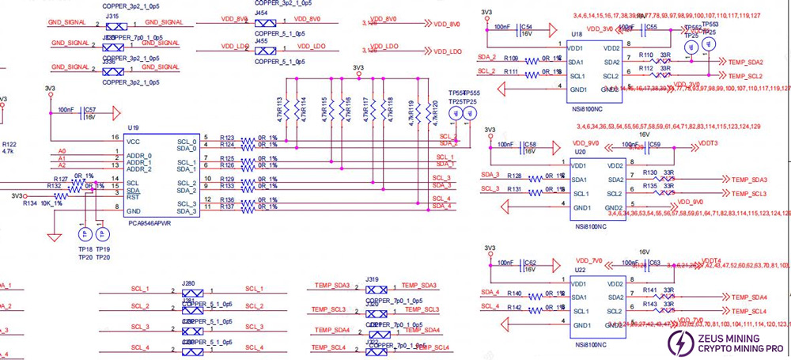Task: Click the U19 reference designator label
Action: (x=133, y=127)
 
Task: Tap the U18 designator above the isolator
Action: (x=577, y=36)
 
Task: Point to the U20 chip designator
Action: (x=579, y=151)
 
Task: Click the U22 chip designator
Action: (x=579, y=269)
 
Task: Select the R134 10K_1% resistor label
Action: (x=40, y=204)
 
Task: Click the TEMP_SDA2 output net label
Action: (x=745, y=62)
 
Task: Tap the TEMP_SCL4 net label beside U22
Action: (x=747, y=311)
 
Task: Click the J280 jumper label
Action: (x=188, y=282)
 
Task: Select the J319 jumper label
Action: (x=373, y=279)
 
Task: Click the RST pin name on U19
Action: (x=133, y=197)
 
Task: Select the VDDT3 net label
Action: (x=708, y=144)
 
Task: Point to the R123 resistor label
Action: (x=227, y=137)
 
